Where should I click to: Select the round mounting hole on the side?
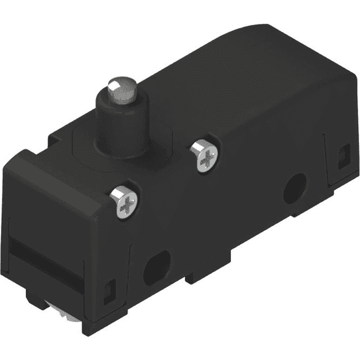294,190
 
